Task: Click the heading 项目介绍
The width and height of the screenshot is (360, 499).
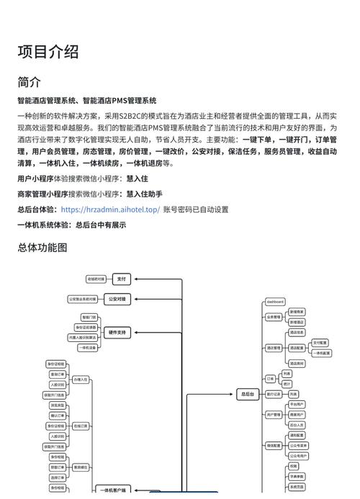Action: click(x=48, y=52)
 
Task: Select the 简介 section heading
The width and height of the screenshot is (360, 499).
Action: click(x=30, y=82)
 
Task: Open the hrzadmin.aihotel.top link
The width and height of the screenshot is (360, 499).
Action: click(x=110, y=210)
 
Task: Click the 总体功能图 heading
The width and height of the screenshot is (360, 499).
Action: click(x=42, y=248)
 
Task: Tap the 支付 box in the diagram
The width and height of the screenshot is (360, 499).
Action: click(x=121, y=279)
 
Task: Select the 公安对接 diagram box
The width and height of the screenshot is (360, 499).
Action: click(x=117, y=299)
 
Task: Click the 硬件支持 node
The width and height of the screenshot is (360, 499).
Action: click(x=117, y=333)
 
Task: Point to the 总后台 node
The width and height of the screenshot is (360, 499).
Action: click(x=247, y=394)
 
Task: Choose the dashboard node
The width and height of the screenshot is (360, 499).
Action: click(x=275, y=302)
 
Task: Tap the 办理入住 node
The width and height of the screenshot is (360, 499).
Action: click(x=81, y=379)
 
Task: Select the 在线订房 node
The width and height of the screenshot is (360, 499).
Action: click(x=81, y=426)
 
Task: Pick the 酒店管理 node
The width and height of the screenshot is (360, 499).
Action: click(x=274, y=348)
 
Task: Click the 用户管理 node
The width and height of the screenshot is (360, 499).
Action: click(x=274, y=415)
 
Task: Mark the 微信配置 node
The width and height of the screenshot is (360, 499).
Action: click(x=274, y=446)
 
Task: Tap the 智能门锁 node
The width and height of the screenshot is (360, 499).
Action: click(x=89, y=318)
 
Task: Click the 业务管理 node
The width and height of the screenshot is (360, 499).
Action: click(x=274, y=317)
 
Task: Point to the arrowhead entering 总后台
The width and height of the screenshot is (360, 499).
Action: click(x=236, y=394)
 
